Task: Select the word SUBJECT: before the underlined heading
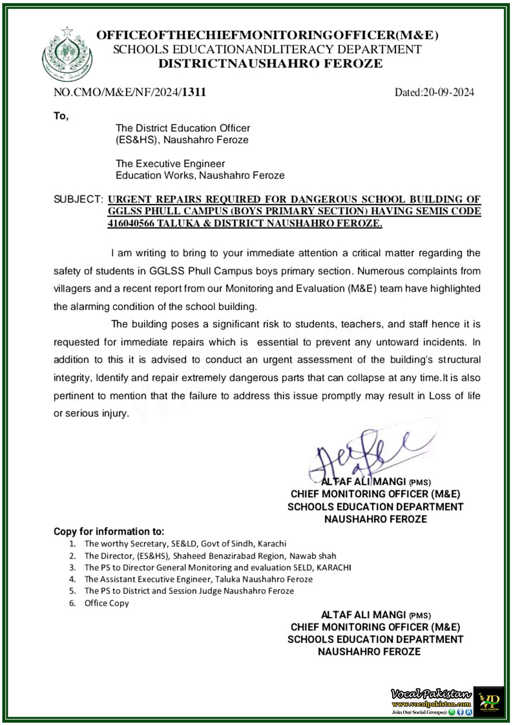click(x=79, y=199)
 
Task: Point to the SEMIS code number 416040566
click(x=131, y=223)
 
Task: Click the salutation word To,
click(x=61, y=116)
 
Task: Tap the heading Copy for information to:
click(x=109, y=531)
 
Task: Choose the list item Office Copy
click(x=107, y=603)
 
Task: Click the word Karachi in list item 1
click(x=272, y=544)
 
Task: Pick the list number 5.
click(x=72, y=591)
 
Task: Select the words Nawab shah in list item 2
click(x=313, y=556)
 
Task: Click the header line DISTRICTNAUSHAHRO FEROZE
click(x=270, y=64)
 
